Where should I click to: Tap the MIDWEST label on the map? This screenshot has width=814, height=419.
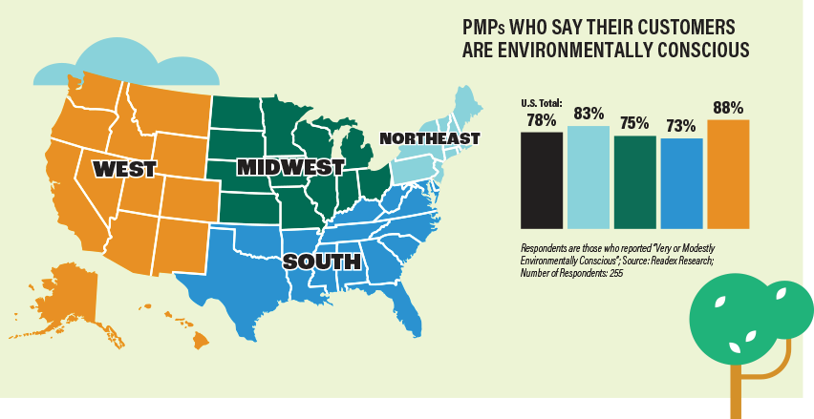pos(290,167)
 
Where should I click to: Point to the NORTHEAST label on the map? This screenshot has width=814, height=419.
pos(429,138)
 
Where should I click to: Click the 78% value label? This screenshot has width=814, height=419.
pos(542,120)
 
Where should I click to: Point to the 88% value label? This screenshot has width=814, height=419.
pos(728,108)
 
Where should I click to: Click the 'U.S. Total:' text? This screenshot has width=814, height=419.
pos(542,103)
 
